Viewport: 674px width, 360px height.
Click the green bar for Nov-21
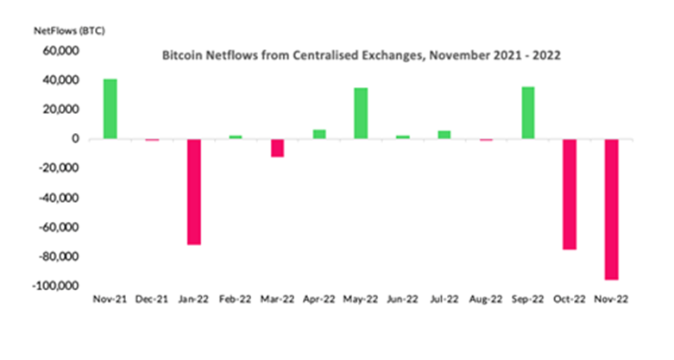110,109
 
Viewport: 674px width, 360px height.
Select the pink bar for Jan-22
194,192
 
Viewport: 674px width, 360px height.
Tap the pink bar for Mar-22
277,148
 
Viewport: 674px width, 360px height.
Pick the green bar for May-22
361,113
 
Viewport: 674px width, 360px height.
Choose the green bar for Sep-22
527,112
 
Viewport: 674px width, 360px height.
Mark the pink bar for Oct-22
570,194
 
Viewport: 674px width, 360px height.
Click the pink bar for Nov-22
611,209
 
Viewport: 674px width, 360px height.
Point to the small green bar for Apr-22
319,134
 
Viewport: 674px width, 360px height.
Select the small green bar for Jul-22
444,135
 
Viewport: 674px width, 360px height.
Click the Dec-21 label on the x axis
152,299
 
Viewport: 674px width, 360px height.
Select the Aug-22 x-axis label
485,299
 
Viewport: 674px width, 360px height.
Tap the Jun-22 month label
402,299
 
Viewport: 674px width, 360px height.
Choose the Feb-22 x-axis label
236,299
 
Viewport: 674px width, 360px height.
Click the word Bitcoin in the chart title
183,56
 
